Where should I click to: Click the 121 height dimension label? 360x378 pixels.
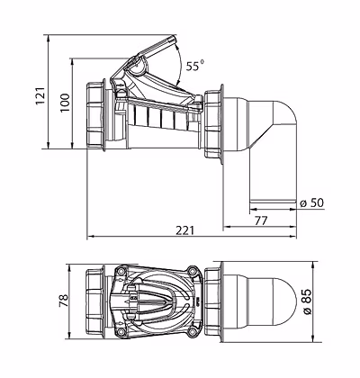(x=40, y=95)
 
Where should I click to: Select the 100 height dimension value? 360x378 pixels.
(x=65, y=103)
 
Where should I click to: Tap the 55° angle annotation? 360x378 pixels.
(x=194, y=66)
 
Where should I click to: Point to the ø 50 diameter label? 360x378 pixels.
(x=312, y=203)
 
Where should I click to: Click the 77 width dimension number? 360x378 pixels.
(x=261, y=220)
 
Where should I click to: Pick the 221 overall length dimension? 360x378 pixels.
(x=185, y=230)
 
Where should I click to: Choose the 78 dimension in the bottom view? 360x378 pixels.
(x=64, y=301)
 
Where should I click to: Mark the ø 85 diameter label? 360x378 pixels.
(x=307, y=301)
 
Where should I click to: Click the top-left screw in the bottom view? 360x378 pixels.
(x=121, y=271)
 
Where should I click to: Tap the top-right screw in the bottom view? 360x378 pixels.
(x=192, y=271)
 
